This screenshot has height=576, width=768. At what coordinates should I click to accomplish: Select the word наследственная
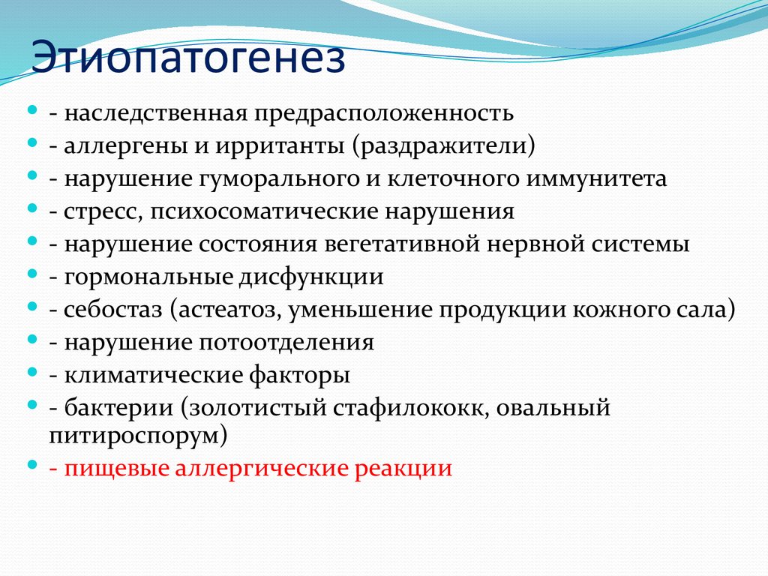[155, 114]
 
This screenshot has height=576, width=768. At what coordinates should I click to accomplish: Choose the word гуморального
[276, 179]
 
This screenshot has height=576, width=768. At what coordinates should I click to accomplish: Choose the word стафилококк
[409, 409]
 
